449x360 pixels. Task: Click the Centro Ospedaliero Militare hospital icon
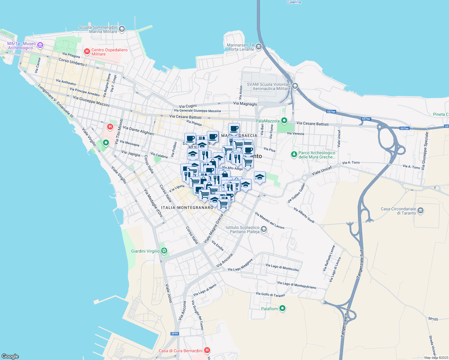87,52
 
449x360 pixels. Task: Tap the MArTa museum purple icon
40,46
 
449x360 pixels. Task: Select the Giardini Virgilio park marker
164,251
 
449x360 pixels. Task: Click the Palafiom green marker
282,308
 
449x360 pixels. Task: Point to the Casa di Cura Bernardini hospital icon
207,350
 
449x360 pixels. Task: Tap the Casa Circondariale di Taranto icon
420,211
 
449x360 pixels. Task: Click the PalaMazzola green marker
284,121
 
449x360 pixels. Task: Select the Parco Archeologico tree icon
294,154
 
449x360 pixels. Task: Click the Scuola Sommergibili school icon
122,29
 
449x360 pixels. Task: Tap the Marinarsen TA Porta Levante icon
259,47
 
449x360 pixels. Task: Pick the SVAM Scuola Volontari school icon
295,86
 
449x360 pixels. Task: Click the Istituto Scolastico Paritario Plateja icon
264,229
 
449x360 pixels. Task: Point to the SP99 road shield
174,334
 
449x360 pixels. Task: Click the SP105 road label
433,319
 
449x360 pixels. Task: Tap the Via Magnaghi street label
245,103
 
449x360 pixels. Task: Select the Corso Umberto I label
73,62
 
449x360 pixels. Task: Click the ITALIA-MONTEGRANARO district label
187,208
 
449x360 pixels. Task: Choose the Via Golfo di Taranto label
270,295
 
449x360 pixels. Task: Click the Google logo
10,356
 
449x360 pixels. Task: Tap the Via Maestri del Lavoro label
270,220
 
